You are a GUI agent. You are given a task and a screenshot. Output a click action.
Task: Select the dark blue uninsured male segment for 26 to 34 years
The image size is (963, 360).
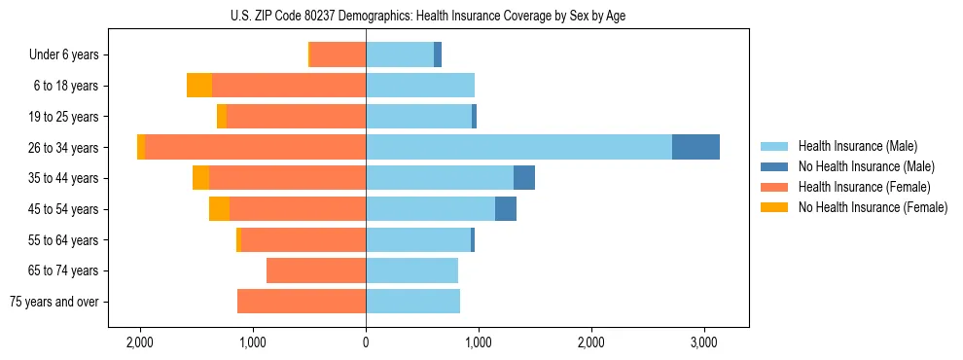pos(695,147)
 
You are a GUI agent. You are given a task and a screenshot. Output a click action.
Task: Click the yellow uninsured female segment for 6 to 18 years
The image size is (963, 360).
pos(199,86)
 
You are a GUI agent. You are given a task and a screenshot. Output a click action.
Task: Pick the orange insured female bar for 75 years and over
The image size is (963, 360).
pos(302,302)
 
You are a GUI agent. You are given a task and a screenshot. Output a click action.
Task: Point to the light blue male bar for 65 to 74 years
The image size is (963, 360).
pos(411,270)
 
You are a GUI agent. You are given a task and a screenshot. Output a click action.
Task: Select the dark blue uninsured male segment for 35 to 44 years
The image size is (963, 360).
pos(524,178)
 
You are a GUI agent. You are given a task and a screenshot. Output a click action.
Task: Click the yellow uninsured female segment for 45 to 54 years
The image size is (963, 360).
pos(219,209)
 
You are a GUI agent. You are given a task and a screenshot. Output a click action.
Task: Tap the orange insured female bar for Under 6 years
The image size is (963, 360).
pos(338,54)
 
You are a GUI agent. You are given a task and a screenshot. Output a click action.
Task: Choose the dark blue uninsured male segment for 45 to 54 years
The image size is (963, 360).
pos(506,209)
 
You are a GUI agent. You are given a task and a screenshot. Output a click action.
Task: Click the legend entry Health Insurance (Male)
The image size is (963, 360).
pos(856,146)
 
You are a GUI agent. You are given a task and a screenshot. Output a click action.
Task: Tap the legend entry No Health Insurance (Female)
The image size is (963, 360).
pos(873,207)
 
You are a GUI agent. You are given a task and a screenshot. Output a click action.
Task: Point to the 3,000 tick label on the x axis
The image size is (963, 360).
pos(704,342)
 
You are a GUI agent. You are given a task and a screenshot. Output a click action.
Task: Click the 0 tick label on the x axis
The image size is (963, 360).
pos(366,342)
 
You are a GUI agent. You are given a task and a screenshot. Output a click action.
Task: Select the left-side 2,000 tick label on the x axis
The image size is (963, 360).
pos(140,342)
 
